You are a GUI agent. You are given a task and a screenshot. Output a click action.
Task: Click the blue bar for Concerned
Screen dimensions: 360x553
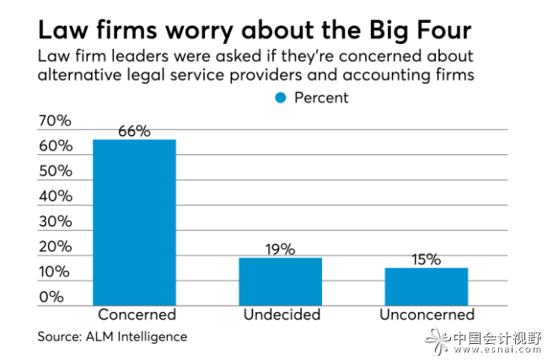click(134, 222)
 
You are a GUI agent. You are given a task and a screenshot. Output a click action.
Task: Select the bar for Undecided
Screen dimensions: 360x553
click(281, 281)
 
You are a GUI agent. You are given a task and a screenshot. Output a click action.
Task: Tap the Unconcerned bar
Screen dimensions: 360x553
click(427, 286)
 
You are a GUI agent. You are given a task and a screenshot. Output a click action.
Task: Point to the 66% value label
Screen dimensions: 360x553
click(134, 131)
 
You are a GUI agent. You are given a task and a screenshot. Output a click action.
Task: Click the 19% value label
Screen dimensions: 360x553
click(281, 249)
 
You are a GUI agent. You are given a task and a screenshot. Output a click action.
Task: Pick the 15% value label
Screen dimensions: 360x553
click(427, 259)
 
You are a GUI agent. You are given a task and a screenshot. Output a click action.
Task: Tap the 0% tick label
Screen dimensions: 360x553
click(51, 297)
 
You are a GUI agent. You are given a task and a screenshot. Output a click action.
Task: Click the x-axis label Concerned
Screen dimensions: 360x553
click(136, 315)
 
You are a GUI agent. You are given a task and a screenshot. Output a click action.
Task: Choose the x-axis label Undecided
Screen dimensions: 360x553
click(282, 315)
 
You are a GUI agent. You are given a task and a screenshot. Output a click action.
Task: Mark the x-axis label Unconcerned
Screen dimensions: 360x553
click(427, 315)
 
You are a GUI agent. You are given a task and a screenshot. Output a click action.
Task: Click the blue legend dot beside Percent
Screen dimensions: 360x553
click(281, 98)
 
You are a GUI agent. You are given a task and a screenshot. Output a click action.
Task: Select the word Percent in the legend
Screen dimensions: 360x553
click(321, 98)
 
